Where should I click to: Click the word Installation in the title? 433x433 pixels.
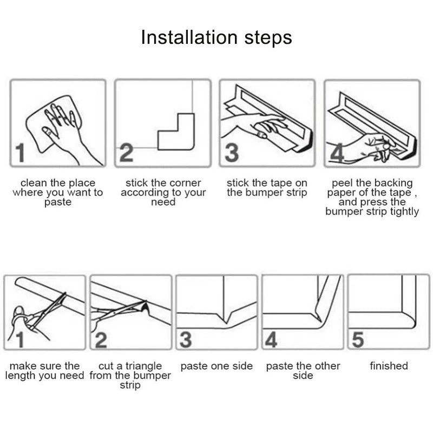(189, 37)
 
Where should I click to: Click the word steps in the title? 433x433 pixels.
(268, 38)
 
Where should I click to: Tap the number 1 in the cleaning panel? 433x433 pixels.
(20, 153)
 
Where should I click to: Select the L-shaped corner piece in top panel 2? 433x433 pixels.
(176, 132)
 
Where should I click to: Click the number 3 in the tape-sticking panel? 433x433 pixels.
(232, 153)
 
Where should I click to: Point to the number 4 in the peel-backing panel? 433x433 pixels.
(337, 153)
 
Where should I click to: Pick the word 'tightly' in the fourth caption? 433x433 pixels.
(404, 212)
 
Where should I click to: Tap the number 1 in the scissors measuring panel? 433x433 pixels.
(19, 340)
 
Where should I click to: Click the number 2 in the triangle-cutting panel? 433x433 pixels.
(101, 340)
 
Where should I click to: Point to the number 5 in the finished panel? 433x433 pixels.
(358, 339)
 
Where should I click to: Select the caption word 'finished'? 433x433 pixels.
(389, 366)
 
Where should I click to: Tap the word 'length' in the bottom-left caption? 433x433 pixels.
(21, 376)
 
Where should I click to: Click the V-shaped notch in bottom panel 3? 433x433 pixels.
(226, 318)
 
